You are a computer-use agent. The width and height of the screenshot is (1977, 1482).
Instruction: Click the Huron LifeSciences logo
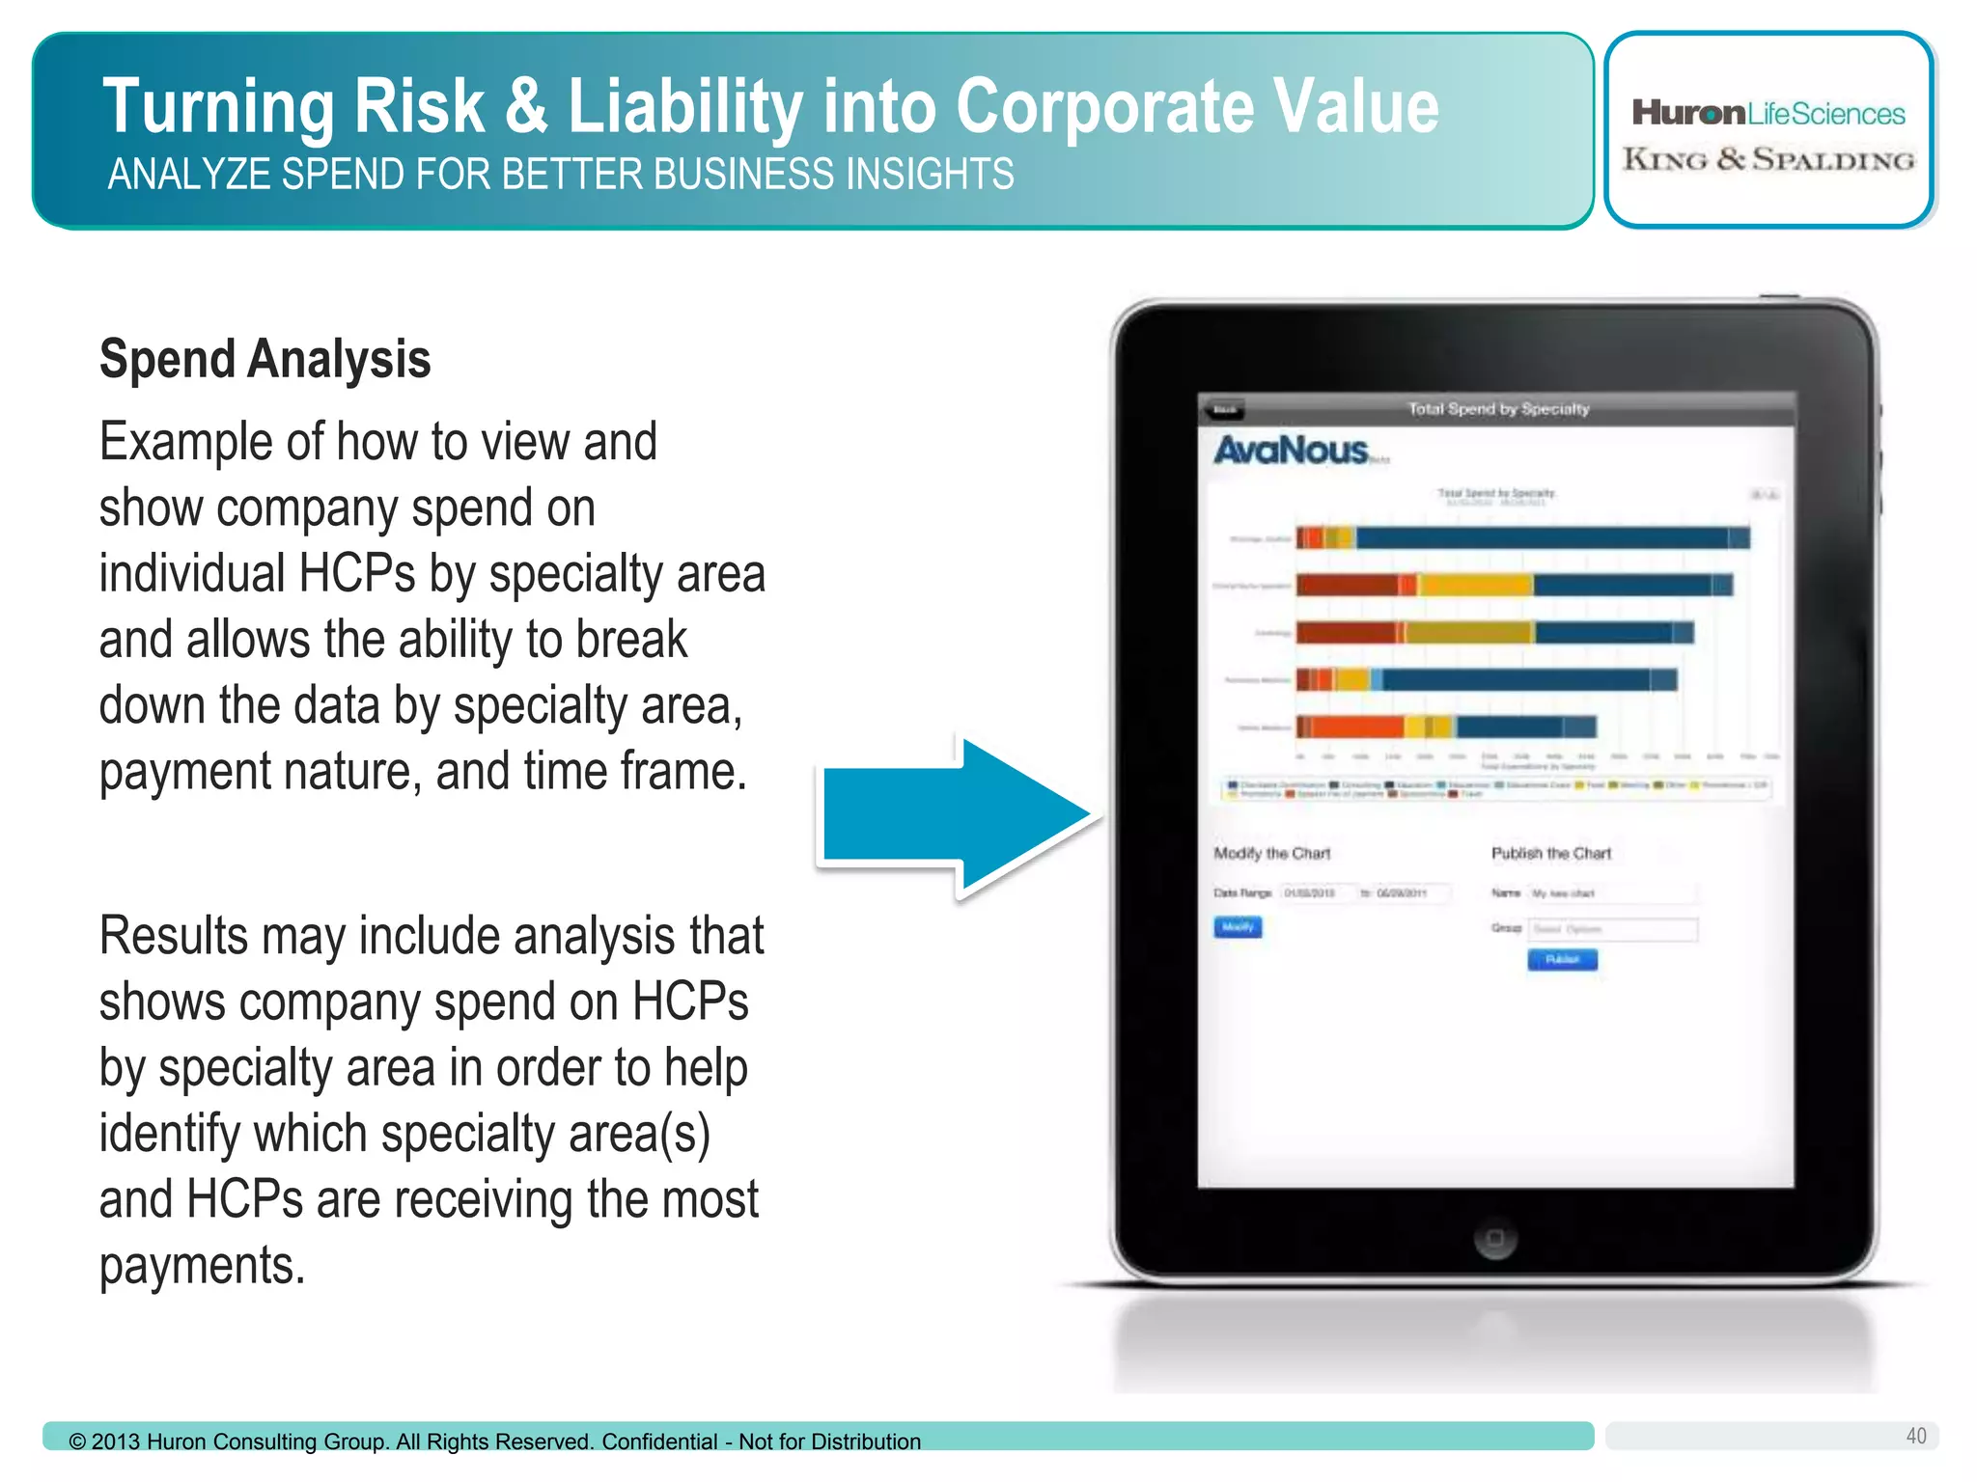point(1768,114)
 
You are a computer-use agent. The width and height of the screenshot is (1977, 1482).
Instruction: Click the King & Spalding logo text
point(1768,159)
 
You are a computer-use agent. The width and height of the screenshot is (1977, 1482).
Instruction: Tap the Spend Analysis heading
point(265,359)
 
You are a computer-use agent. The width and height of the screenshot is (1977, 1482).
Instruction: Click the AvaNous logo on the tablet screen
point(1291,451)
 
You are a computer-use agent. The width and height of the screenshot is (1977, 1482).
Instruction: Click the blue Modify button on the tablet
point(1238,927)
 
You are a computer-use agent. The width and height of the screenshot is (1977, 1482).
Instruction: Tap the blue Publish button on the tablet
point(1562,959)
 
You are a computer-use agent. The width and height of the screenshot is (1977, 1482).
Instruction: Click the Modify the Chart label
point(1271,854)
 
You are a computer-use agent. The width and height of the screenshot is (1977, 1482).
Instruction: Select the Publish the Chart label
point(1550,854)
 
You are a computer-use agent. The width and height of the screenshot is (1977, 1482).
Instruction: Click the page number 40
point(1915,1436)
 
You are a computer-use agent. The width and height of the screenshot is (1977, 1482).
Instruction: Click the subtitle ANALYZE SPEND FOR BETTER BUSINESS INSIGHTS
point(560,175)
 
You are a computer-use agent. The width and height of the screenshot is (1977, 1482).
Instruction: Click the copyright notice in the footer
point(494,1441)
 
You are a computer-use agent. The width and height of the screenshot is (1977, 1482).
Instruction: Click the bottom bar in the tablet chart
point(1445,727)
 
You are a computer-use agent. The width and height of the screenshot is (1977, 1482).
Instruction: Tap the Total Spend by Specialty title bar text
point(1497,409)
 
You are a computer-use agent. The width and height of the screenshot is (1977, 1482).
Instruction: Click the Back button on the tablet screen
point(1224,410)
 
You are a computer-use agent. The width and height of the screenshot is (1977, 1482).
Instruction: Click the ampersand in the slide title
point(525,106)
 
